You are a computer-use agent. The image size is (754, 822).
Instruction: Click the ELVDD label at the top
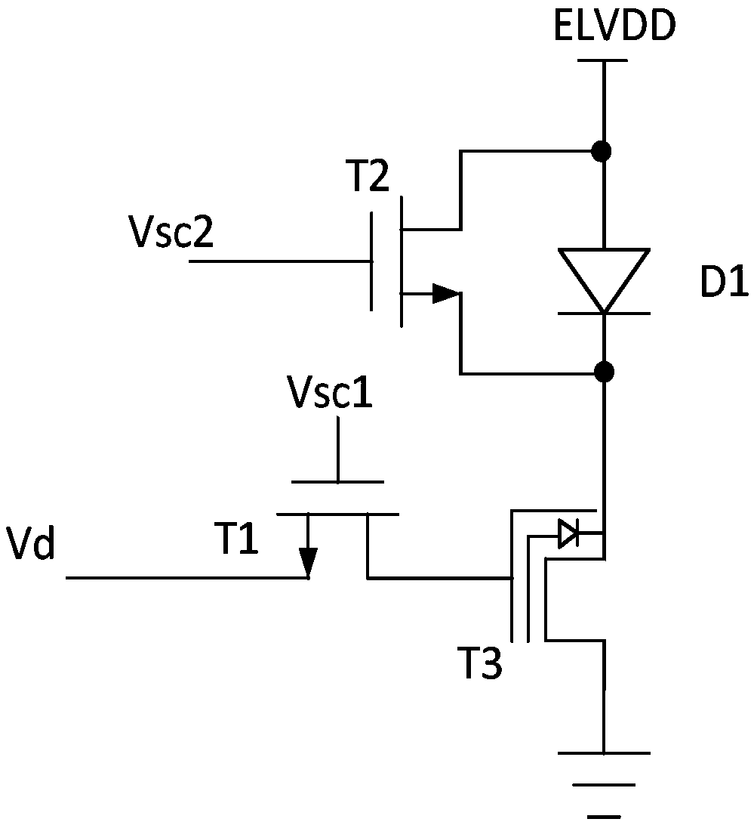coord(614,26)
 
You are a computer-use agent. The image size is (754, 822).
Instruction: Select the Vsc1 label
coord(330,391)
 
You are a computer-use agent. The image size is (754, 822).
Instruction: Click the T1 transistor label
coord(236,539)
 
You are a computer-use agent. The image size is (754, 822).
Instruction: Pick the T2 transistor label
coord(368,177)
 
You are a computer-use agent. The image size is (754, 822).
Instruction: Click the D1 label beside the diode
coord(725,283)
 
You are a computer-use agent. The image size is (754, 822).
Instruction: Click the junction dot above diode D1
coord(601,152)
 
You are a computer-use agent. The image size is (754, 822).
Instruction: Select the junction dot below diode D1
coord(605,372)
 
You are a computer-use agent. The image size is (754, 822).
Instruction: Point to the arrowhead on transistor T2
coord(446,294)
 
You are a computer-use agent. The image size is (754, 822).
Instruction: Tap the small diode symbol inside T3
coord(568,534)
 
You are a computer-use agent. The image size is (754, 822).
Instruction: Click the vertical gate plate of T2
coord(372,261)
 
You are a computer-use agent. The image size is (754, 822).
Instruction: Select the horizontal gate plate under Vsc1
coord(337,482)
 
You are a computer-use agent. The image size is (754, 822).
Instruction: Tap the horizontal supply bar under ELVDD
coord(602,60)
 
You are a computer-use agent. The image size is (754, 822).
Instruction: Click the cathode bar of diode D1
coord(605,314)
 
